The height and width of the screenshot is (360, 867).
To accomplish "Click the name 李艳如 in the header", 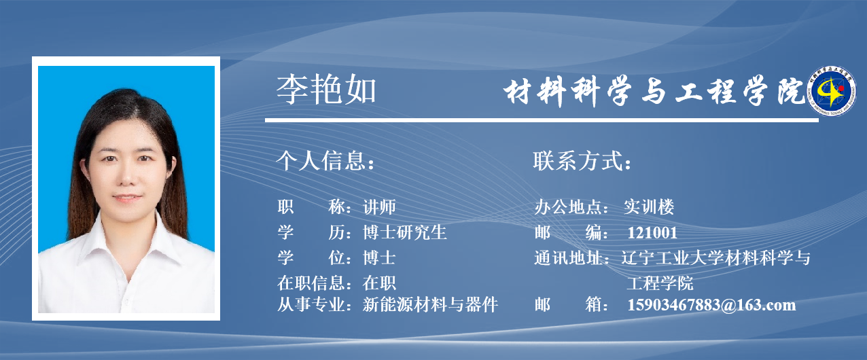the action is tap(326, 90).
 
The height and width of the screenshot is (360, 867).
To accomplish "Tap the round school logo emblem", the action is tap(832, 91).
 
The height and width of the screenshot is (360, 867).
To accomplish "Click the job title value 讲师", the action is tap(379, 207).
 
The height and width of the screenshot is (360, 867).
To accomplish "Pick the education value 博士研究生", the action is tap(405, 233).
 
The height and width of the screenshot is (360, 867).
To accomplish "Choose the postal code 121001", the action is tap(652, 233).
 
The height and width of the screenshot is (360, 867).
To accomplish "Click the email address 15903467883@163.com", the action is tap(711, 305).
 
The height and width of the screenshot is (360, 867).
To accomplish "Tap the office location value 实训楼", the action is tap(649, 207).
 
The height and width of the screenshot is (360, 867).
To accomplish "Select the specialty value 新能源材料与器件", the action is tap(430, 305).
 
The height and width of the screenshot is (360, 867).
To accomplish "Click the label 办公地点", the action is tap(568, 207).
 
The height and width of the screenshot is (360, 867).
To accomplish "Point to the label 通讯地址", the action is tap(568, 258).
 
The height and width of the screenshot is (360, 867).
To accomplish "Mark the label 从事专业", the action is tap(311, 305).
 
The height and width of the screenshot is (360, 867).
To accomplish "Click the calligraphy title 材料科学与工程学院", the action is tap(654, 91).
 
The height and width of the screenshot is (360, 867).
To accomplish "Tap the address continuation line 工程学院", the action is tap(660, 283).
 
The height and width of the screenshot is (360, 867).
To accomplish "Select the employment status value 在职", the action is tap(379, 283).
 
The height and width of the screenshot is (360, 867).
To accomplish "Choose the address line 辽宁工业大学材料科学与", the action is tap(716, 258).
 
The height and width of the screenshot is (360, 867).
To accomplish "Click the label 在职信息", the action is tap(311, 283).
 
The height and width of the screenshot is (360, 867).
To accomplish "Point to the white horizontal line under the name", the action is tap(542, 120).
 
